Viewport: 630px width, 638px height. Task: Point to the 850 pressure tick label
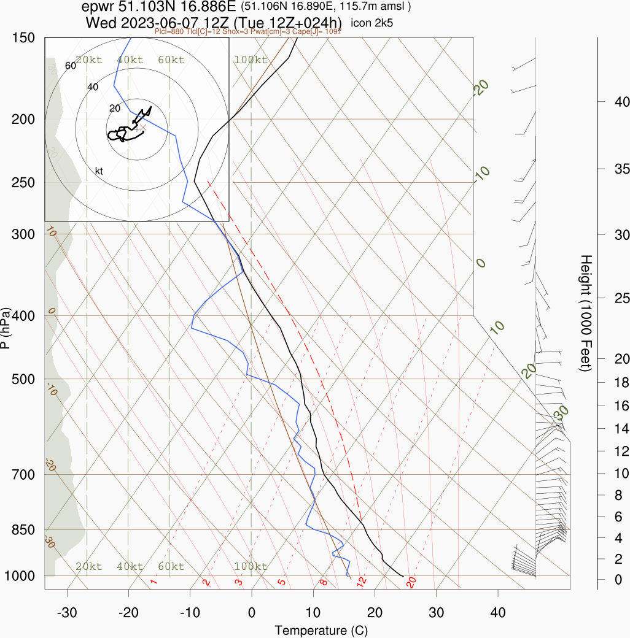23,529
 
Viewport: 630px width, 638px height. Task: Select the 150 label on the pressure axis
23,37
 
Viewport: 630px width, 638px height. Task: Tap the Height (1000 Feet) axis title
585,313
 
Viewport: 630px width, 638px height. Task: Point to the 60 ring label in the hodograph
70,66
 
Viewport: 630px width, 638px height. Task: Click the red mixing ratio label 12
362,580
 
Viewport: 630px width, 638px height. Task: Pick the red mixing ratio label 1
154,582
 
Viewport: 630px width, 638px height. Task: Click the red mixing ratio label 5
282,581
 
